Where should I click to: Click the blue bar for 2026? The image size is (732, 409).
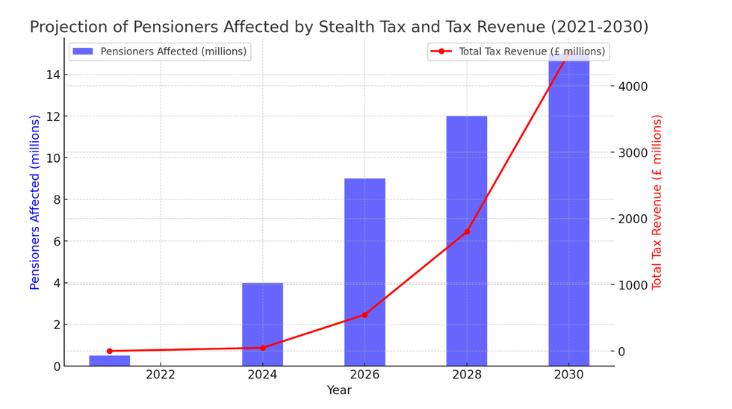[x=365, y=272]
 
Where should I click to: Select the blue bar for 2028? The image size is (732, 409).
[x=467, y=240]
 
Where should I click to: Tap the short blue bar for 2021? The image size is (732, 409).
[x=109, y=360]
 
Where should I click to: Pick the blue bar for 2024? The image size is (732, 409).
[x=262, y=324]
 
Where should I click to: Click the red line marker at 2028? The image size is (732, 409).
[x=467, y=231]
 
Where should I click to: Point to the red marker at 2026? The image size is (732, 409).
[x=365, y=315]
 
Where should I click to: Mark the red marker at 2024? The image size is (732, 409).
[x=262, y=348]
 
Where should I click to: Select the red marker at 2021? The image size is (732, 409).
[x=109, y=351]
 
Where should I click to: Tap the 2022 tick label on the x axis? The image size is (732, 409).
[x=160, y=375]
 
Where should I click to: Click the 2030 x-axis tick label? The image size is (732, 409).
[x=569, y=375]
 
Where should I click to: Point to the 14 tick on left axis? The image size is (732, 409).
[x=53, y=75]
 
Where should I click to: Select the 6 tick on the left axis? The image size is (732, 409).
[x=56, y=241]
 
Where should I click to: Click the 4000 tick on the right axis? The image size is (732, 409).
[x=633, y=87]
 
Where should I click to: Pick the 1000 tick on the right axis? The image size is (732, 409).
[x=633, y=285]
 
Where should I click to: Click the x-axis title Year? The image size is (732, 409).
[x=339, y=390]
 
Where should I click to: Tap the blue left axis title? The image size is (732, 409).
[x=35, y=202]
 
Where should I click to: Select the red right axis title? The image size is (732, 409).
[x=657, y=202]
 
